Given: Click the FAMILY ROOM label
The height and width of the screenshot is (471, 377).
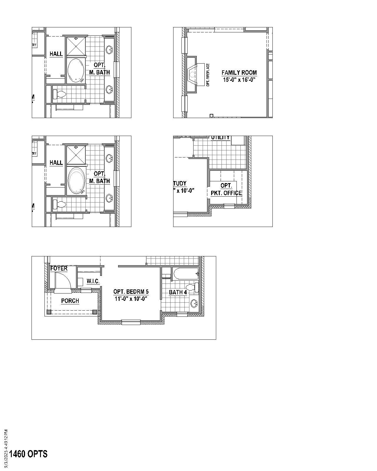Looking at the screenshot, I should point(239,73).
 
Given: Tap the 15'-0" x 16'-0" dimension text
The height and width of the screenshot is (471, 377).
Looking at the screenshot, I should point(239,79).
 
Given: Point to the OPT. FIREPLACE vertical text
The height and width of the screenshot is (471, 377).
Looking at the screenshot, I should point(208,75).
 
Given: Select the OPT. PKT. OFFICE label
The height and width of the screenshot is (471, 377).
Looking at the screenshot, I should point(226,189).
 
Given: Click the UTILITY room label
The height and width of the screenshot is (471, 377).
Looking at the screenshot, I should point(220,138).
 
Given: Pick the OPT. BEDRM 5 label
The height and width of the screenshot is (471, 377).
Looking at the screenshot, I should point(131,292).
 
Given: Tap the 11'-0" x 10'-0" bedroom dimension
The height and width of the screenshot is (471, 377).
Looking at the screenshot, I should point(131,298).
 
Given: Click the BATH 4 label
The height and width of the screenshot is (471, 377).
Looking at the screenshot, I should point(178,292).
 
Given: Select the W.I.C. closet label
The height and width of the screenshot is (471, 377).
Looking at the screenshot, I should point(93,281).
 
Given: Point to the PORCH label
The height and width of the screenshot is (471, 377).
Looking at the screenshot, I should point(70,301).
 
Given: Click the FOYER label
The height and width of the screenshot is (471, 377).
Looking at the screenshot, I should point(59,268).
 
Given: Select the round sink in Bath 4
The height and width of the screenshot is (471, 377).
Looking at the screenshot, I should point(194,303).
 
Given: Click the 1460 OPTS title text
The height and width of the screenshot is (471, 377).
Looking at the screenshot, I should point(28,454).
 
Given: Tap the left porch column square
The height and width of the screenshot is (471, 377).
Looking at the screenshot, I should point(49,312).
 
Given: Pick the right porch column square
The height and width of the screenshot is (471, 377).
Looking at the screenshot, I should point(95,312).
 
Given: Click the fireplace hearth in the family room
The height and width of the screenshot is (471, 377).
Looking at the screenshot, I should point(200,74).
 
